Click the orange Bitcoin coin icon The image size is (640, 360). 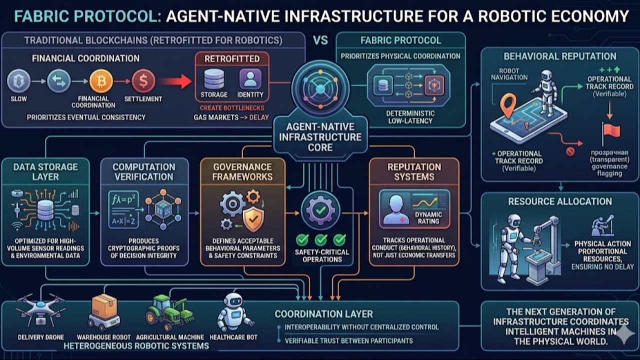100,81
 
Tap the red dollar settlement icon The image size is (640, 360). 143,81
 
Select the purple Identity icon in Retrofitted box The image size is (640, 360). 250,79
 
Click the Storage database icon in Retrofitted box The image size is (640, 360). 214,79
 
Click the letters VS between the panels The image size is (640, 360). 320,40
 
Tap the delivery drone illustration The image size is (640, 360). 40,310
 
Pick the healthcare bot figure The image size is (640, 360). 233,311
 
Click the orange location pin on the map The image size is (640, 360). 508,105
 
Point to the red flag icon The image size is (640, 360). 611,131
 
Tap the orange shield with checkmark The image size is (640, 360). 253,218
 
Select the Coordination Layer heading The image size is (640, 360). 323,314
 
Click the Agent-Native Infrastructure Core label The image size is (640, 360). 320,137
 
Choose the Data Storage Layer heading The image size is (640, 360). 45,171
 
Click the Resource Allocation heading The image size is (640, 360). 559,201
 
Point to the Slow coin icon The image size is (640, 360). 19,81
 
